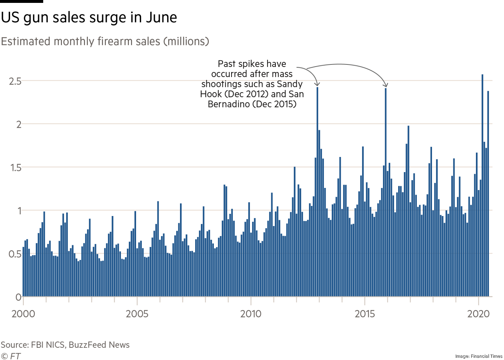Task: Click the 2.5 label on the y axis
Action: point(14,81)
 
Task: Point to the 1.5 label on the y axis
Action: point(14,167)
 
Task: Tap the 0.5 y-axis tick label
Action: point(14,254)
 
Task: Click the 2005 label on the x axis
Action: point(137,314)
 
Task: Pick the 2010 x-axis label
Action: point(251,314)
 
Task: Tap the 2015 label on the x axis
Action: point(365,314)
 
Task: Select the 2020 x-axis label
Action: point(478,314)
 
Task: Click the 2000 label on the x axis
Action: point(23,314)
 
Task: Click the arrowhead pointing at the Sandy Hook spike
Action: point(317,85)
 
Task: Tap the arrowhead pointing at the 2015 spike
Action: point(386,85)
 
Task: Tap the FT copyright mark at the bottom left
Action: point(11,356)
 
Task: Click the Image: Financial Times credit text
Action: point(478,356)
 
